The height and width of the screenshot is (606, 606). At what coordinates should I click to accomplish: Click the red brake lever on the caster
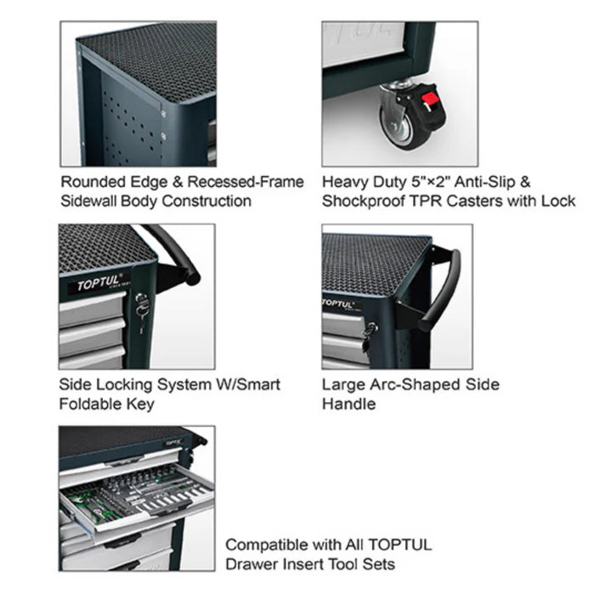[430, 99]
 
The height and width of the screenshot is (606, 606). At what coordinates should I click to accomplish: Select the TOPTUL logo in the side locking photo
[99, 283]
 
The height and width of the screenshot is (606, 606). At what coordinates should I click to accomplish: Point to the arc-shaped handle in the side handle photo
[440, 290]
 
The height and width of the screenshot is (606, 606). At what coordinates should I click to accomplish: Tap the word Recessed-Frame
[246, 182]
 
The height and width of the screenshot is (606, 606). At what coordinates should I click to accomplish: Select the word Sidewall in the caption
[88, 201]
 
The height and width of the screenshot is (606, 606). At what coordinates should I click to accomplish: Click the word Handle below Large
[348, 404]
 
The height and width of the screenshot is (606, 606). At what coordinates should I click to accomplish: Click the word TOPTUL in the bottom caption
[400, 545]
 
